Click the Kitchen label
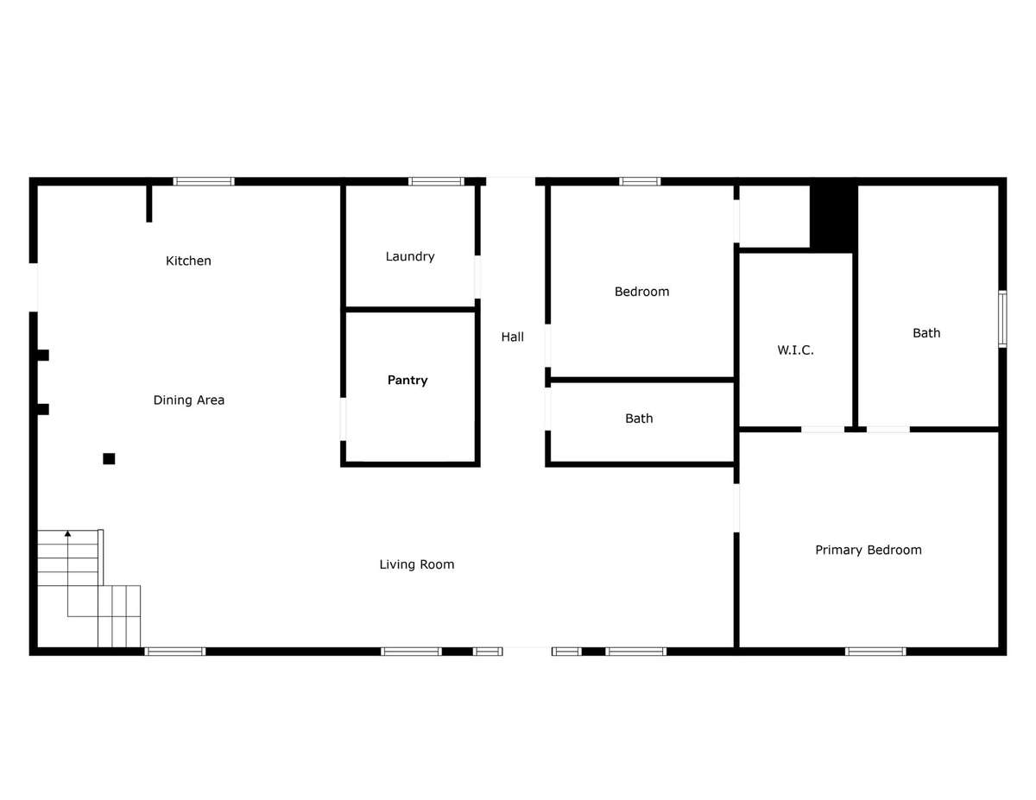(x=188, y=261)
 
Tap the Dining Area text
(x=189, y=400)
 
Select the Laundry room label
(x=410, y=257)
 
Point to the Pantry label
(x=407, y=381)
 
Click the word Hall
(x=513, y=337)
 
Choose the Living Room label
(x=417, y=564)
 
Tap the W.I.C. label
(x=795, y=350)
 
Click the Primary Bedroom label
(x=869, y=550)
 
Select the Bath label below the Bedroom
(x=639, y=419)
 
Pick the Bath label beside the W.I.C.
(x=926, y=333)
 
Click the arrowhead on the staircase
(x=67, y=533)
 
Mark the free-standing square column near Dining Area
(x=109, y=459)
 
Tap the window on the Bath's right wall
(x=1002, y=318)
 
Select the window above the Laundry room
(x=436, y=181)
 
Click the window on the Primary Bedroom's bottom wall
(x=875, y=652)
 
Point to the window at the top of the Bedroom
(x=640, y=181)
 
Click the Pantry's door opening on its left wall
(x=343, y=419)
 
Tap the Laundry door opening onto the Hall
(x=477, y=277)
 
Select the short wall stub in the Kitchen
(x=149, y=204)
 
